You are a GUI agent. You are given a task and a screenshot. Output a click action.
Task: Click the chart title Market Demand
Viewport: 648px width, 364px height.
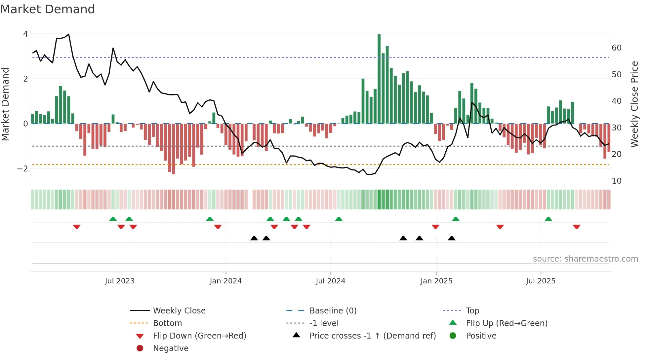pos(48,9)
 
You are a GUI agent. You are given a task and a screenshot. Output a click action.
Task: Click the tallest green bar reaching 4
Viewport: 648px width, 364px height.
pos(379,79)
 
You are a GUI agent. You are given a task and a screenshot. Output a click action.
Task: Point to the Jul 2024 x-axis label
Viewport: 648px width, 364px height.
pos(330,281)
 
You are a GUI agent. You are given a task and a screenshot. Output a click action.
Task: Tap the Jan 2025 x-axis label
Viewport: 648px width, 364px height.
pos(436,281)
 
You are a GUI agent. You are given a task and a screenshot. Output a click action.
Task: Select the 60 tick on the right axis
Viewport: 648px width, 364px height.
pos(617,48)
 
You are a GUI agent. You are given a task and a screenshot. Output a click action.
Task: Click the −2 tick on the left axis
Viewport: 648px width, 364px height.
pos(23,169)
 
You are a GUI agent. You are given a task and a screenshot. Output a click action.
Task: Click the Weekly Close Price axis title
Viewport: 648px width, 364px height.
pos(634,104)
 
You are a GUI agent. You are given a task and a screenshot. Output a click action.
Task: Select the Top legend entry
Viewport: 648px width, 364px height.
pos(472,311)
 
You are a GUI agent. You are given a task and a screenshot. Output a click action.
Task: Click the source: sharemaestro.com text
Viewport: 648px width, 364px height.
pos(585,259)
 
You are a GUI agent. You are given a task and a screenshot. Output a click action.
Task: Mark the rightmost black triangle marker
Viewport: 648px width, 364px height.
pos(452,238)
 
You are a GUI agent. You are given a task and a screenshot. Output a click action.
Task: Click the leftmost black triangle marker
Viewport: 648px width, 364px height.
pos(254,238)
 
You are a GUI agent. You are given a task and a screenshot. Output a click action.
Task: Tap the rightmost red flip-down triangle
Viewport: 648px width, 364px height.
pos(577,227)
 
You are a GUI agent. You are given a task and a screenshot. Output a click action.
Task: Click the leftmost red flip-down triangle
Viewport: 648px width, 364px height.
pos(77,227)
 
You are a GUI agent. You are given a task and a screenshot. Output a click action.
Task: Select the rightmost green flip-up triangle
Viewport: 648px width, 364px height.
pos(548,219)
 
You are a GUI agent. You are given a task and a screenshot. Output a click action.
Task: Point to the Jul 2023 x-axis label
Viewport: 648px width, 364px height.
pos(120,281)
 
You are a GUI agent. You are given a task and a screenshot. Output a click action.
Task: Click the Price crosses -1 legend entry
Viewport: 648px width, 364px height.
pos(372,336)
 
